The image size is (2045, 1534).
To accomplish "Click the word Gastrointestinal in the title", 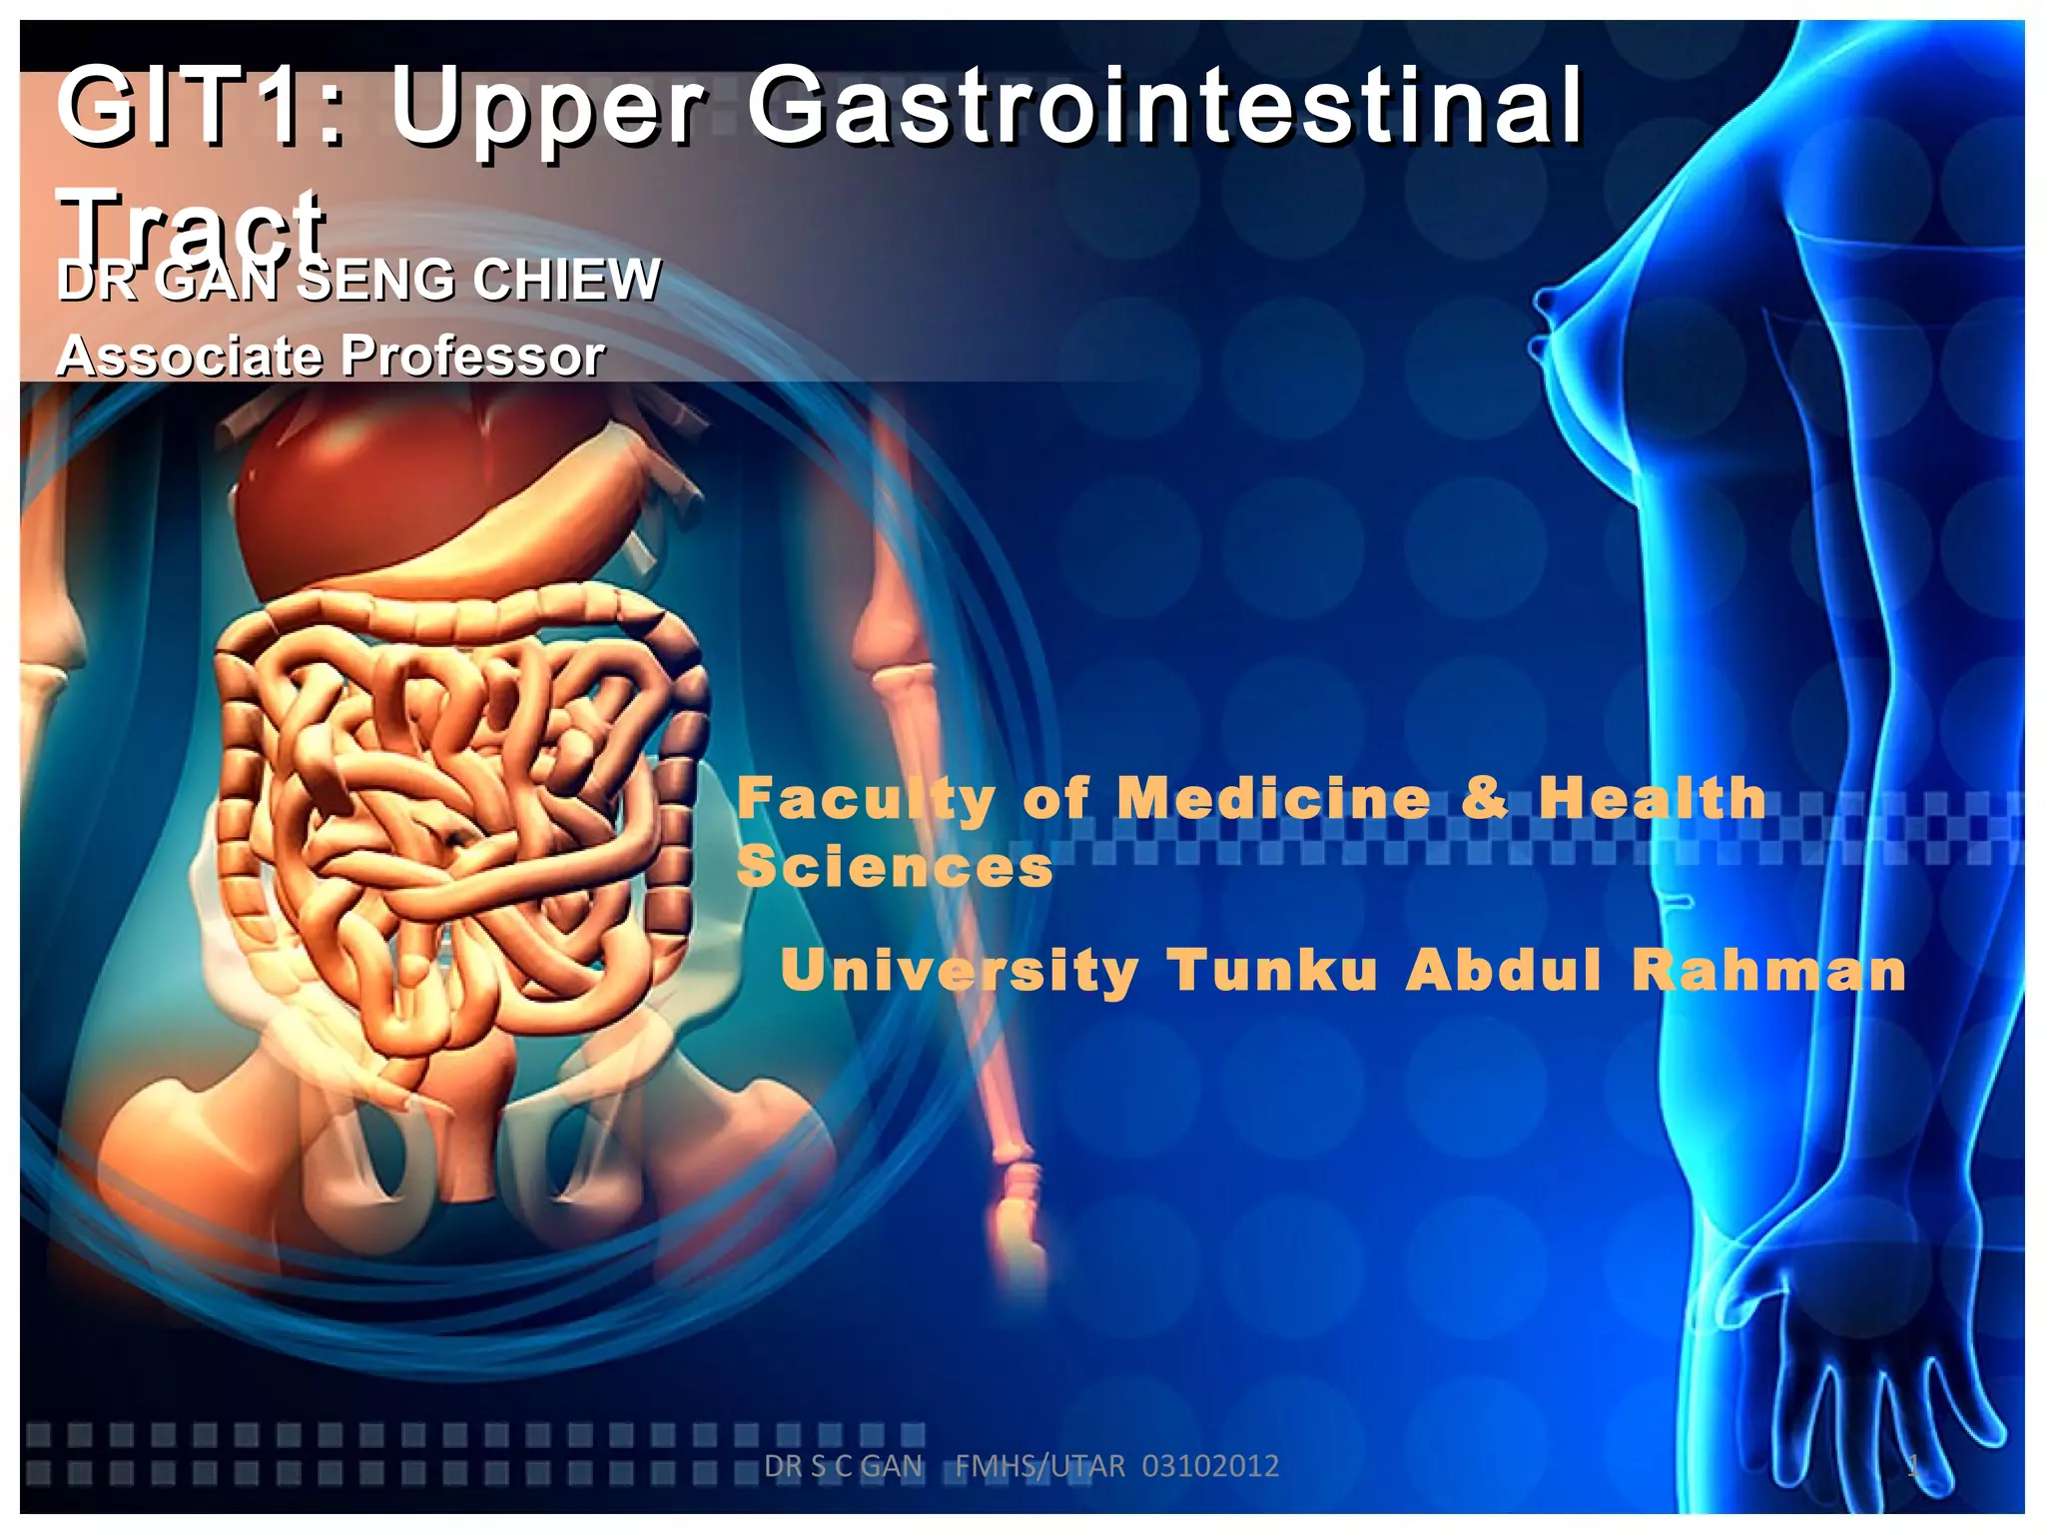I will point(1165,105).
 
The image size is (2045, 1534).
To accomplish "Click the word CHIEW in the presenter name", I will point(566,279).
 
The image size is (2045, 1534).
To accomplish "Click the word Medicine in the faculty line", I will point(1273,799).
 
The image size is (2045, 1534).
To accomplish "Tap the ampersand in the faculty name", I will point(1484,798).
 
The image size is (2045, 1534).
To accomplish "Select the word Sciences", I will point(895,866).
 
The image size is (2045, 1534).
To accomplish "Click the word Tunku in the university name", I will point(1273,970).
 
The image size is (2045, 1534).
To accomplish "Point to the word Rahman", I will point(1768,970).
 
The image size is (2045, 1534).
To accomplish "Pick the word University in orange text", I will point(959,971).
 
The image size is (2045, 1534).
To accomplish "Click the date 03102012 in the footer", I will point(1210,1466).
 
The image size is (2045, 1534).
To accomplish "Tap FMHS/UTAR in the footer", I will point(1039,1466).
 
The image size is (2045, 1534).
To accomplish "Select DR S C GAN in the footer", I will point(844,1466).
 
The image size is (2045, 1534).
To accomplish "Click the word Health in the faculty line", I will point(1652,798).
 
